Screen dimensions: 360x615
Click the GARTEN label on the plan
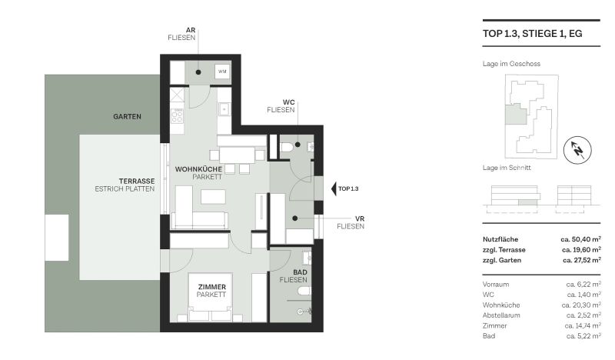pos(127,117)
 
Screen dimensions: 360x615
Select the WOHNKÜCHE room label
pos(198,168)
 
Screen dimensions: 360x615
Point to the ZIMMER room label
pos(211,287)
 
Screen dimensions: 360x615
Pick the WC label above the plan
pos(289,102)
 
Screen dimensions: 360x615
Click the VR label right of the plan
pos(360,218)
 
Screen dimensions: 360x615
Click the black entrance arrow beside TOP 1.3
pos(333,188)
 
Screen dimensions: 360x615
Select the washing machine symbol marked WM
pos(222,72)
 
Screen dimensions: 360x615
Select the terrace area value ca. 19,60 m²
pos(580,250)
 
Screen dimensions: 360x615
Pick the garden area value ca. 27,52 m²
pos(580,261)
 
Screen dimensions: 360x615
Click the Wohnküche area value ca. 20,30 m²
pos(583,305)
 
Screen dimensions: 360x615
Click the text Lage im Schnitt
pos(503,168)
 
